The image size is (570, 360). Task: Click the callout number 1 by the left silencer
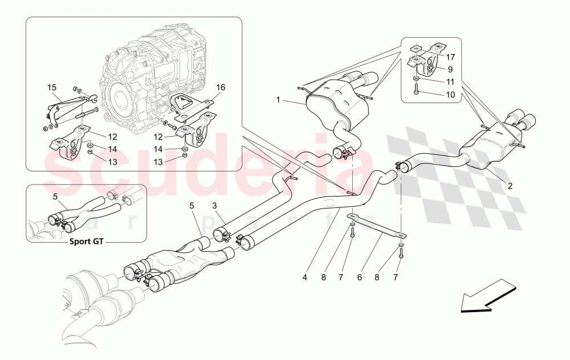coord(279,100)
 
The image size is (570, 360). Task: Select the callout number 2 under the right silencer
coord(510,186)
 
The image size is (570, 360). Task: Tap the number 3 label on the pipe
coord(214,206)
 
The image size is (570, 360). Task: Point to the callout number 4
coord(305,277)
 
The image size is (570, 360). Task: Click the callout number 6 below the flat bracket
coord(360,277)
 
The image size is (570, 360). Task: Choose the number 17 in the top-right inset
coord(450,57)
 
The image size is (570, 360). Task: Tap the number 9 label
coord(450,69)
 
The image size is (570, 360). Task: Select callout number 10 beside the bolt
coord(450,95)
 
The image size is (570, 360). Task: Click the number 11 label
coord(450,82)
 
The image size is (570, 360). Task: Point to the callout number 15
coord(52,88)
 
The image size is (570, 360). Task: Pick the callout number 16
coord(221,87)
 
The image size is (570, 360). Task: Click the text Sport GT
coord(87,241)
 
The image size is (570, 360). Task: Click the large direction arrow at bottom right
coord(484,295)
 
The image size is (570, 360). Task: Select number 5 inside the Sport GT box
coord(55,197)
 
